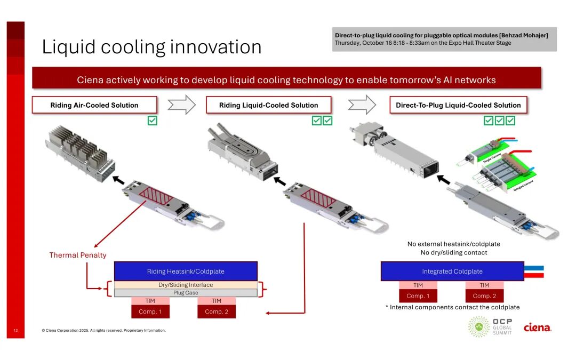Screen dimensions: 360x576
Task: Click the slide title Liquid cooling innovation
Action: [x=151, y=47]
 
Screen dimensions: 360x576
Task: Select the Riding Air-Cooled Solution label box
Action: [x=94, y=105]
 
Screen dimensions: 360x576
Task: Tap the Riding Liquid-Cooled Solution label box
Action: [x=268, y=105]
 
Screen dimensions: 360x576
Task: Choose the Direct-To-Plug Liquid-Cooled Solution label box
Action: [x=458, y=105]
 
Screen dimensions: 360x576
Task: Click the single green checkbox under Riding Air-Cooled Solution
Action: [x=153, y=121]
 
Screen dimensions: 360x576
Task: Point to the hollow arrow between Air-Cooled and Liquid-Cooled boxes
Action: [x=182, y=105]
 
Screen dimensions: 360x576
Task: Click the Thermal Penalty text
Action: [x=78, y=255]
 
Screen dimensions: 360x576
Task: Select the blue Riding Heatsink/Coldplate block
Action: [x=186, y=271]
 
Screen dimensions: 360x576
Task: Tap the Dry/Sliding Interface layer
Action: [x=186, y=285]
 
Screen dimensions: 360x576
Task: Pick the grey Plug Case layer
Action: [x=186, y=293]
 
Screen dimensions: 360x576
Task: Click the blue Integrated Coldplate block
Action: [x=452, y=271]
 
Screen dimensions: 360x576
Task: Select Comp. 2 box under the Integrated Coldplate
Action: [x=484, y=295]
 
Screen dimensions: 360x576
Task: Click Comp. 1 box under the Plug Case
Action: [x=150, y=311]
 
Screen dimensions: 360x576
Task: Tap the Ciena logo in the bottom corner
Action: [x=537, y=327]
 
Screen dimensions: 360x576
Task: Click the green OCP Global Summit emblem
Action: [x=478, y=326]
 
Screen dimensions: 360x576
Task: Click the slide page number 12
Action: [x=15, y=331]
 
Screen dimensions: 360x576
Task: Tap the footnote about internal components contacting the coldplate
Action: [x=452, y=307]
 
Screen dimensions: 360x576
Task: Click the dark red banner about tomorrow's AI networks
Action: [x=286, y=80]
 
